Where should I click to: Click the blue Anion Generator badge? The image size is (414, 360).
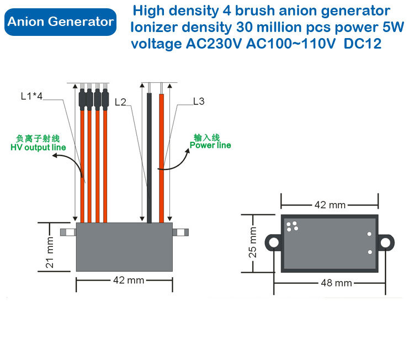(x=61, y=22)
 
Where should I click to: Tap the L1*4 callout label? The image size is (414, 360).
(x=31, y=97)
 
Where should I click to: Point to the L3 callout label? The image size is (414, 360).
(x=199, y=101)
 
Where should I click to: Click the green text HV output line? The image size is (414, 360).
(x=38, y=147)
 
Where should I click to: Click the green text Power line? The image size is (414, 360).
(x=210, y=145)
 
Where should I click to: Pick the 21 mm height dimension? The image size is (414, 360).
(x=50, y=252)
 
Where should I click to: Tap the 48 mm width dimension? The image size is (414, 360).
(x=337, y=283)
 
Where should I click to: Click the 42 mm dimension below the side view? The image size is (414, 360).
(x=128, y=280)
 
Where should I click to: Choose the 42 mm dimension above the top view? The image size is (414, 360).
(x=330, y=205)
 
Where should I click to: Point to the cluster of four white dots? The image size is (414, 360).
(x=292, y=226)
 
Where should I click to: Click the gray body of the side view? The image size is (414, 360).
(x=124, y=246)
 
